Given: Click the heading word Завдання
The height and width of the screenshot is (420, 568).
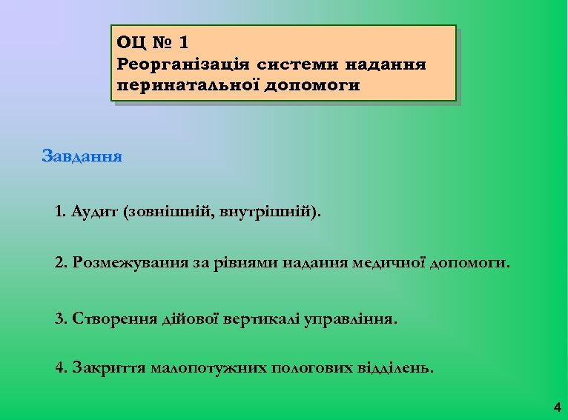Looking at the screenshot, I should [82, 157].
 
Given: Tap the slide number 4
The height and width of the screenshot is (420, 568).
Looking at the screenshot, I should [557, 407].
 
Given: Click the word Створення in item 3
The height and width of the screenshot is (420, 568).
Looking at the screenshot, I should [114, 319].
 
